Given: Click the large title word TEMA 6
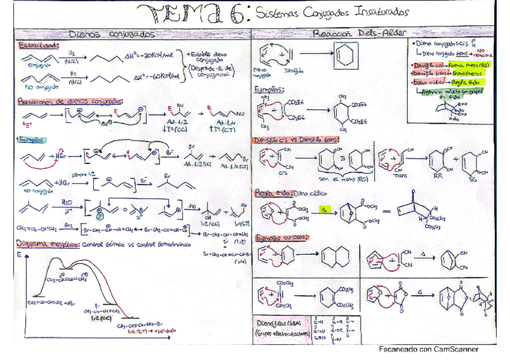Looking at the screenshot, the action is (x=192, y=13).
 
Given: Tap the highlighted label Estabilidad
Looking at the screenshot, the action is (x=37, y=46).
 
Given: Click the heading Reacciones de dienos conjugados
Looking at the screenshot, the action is (x=70, y=102).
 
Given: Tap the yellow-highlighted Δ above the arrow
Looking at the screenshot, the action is (x=325, y=209).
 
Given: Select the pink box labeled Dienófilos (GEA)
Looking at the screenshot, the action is (x=280, y=328).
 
